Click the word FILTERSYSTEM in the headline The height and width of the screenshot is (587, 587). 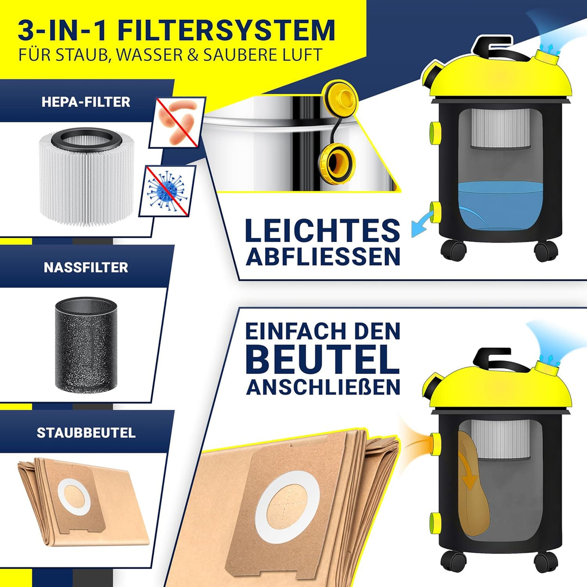coord(227,30)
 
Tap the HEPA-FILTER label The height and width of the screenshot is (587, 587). coord(86,102)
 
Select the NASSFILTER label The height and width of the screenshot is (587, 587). coord(86,267)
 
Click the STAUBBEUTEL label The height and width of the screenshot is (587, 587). coord(86,433)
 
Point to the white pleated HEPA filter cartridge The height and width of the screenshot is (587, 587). coord(86,176)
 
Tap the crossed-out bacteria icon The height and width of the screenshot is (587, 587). coord(177,122)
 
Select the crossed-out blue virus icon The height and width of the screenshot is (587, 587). coord(167,191)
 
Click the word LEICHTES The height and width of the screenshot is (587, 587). coord(322,230)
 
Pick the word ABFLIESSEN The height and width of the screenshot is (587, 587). coord(323,256)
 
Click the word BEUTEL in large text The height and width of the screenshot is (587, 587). coord(323,359)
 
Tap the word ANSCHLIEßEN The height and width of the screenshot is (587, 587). coord(323,386)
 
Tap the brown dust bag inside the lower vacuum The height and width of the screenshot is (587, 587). coord(473,483)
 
